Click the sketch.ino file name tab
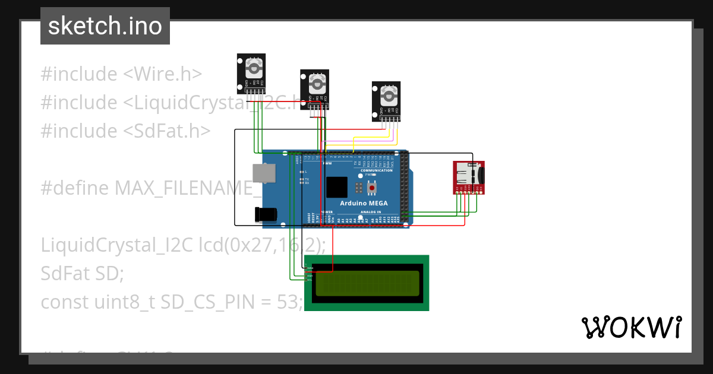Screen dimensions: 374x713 click(105, 26)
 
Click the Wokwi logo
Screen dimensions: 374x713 click(631, 327)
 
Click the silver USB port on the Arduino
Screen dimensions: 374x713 click(264, 173)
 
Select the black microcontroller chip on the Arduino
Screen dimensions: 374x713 click(336, 187)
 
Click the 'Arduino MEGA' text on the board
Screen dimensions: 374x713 click(364, 203)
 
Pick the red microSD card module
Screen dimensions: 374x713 click(469, 177)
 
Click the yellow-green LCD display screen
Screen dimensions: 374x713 click(367, 283)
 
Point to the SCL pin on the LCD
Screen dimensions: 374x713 click(309, 280)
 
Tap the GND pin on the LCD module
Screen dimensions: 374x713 click(309, 268)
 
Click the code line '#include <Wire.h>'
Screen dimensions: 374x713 click(121, 74)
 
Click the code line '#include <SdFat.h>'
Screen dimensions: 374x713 click(125, 131)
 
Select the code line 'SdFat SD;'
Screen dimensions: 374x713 click(82, 273)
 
